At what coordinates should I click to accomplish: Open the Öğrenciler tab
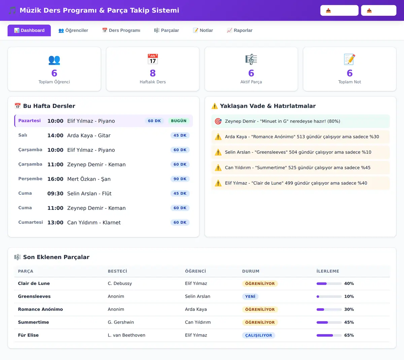coord(73,30)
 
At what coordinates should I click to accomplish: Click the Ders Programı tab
coord(121,30)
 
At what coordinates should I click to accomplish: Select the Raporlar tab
coord(239,30)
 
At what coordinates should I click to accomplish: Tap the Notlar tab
coord(203,30)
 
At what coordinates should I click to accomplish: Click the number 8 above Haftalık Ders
coord(153,73)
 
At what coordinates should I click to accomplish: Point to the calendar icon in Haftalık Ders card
coord(153,59)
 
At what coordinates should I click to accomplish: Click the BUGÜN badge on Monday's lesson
coord(179,121)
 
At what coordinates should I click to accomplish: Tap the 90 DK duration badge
coord(180,179)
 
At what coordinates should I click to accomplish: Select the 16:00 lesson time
coord(55,179)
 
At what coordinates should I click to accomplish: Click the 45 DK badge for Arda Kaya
coord(180,135)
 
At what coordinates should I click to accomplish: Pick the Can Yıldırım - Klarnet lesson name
coord(94,222)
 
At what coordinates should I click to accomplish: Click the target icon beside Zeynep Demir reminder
coord(218,121)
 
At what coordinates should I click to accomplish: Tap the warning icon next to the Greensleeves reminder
coord(218,152)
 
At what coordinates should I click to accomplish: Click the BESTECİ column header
coord(117,271)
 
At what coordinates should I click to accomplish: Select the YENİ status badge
coord(250,296)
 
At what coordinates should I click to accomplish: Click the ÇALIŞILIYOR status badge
coord(259,335)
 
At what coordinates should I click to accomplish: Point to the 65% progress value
coord(349,335)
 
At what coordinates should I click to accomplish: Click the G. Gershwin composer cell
coord(121,322)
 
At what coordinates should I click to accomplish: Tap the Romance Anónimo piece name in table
coord(40,309)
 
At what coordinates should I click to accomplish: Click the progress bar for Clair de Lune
coord(329,283)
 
